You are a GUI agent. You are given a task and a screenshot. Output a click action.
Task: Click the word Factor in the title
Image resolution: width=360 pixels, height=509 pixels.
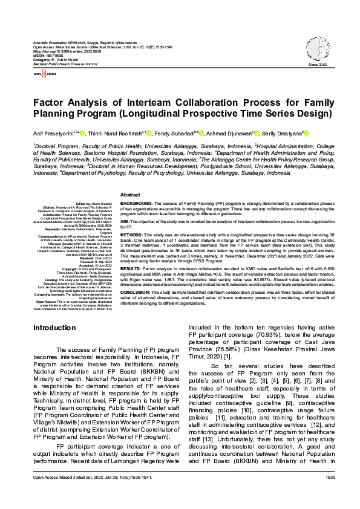pyautogui.click(x=50, y=103)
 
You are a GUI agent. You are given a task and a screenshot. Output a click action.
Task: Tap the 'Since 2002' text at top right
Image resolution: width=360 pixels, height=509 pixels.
pyautogui.click(x=318, y=64)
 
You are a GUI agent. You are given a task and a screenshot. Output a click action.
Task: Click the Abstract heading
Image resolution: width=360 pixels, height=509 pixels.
pyautogui.click(x=131, y=195)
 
